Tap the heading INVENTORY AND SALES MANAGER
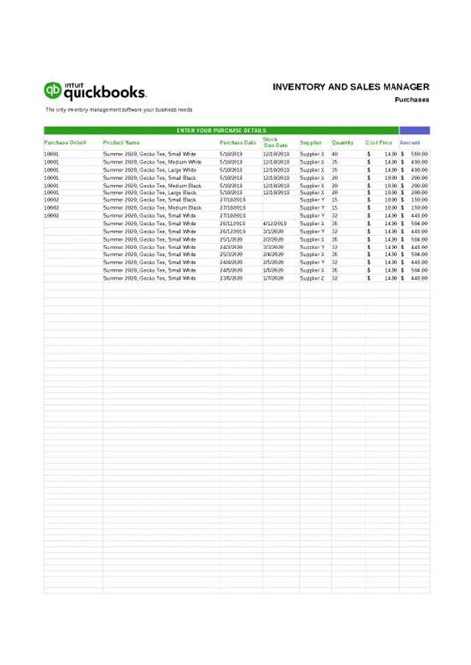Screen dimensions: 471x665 click(351, 87)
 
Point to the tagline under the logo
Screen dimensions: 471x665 click(117, 109)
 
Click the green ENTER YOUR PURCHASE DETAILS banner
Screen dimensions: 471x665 click(221, 130)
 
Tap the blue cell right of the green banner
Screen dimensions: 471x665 click(414, 130)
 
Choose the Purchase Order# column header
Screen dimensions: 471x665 click(66, 143)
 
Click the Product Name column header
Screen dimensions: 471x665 click(122, 143)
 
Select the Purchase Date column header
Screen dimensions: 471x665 click(238, 143)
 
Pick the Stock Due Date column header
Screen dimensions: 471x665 click(275, 143)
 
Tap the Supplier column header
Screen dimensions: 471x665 click(311, 143)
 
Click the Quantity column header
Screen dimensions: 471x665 click(343, 143)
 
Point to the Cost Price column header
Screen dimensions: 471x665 click(379, 143)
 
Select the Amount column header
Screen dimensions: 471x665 click(410, 143)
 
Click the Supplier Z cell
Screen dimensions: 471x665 click(313, 279)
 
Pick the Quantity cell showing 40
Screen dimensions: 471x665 click(335, 155)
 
